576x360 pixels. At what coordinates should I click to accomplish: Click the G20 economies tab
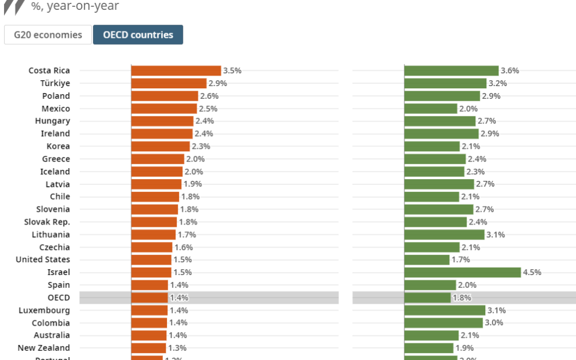(48, 35)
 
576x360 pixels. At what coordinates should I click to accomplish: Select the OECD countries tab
(138, 35)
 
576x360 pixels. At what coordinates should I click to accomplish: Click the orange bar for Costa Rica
(176, 71)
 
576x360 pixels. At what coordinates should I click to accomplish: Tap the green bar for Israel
(463, 272)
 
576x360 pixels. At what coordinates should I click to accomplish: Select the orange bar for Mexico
(164, 109)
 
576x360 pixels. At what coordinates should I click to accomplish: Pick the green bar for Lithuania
(445, 234)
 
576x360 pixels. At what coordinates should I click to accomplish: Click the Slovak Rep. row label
(47, 222)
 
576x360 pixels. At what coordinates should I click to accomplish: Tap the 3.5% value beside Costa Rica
(232, 71)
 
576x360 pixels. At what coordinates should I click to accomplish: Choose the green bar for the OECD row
(428, 298)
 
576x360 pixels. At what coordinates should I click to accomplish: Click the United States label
(43, 259)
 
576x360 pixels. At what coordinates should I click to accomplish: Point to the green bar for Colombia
(443, 323)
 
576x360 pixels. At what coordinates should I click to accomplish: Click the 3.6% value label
(510, 71)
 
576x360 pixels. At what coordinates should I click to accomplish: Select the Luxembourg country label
(44, 310)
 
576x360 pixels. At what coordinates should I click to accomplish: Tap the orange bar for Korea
(161, 147)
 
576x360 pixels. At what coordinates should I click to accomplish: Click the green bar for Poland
(442, 96)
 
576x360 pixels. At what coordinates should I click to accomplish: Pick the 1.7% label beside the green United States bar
(461, 259)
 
